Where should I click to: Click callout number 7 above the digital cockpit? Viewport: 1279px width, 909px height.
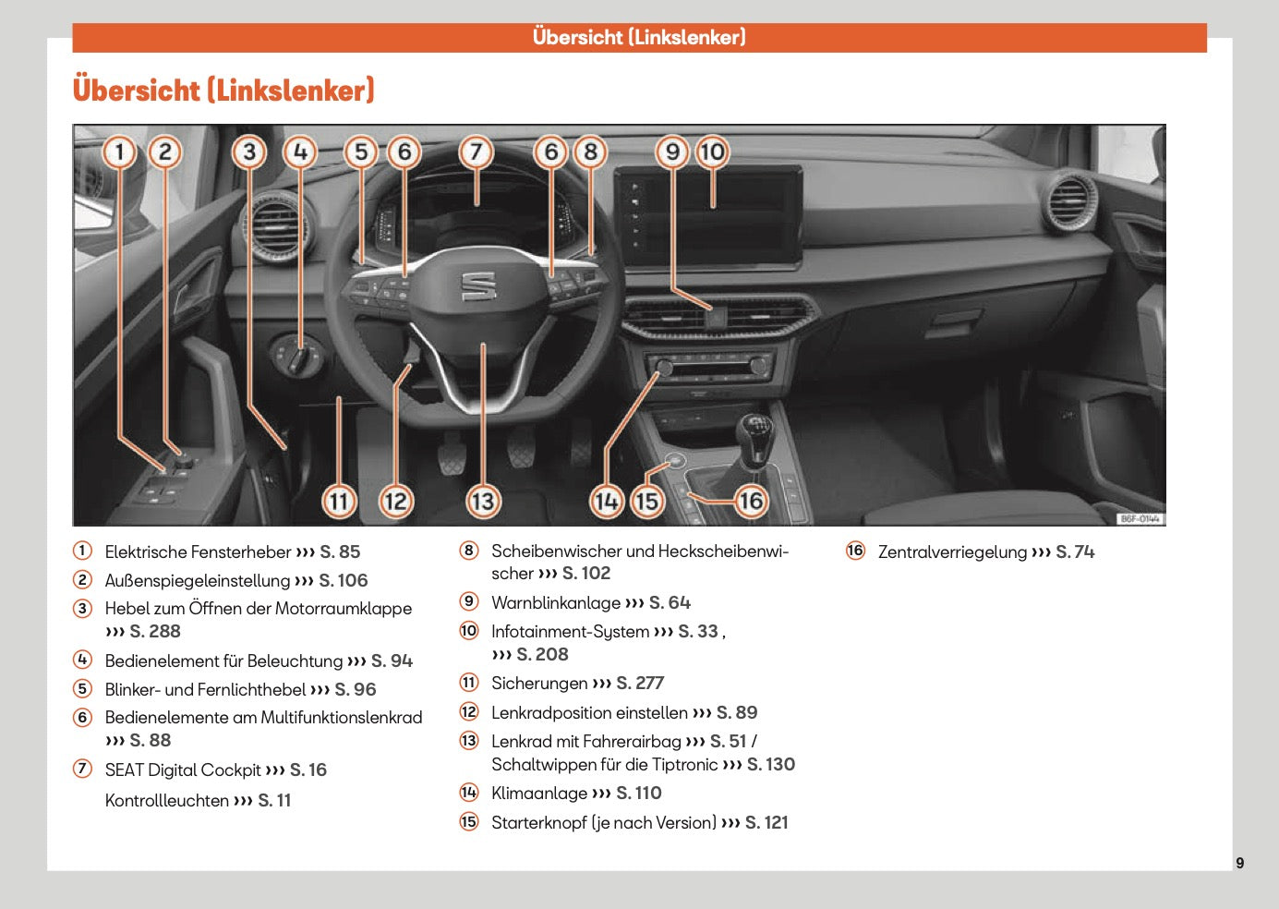pos(476,151)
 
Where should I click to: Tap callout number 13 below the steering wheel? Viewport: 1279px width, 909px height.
pos(483,502)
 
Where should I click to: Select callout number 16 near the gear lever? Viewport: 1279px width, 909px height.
pos(750,501)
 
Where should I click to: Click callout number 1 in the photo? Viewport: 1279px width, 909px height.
pos(119,151)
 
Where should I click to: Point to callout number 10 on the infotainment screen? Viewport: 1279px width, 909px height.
pos(712,151)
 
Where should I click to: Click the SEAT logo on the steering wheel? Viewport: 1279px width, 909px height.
pos(478,285)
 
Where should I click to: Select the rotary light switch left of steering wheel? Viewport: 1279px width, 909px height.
pos(297,354)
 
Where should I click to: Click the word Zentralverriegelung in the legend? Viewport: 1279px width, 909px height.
pos(952,552)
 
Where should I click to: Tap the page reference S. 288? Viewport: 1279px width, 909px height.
pos(154,632)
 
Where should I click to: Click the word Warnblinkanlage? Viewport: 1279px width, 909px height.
pos(555,603)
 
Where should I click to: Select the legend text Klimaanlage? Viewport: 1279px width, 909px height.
pos(539,794)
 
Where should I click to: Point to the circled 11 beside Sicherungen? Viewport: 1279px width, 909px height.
pos(469,683)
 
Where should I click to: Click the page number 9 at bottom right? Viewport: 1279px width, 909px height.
pos(1239,863)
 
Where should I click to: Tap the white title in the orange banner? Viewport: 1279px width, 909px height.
pos(639,38)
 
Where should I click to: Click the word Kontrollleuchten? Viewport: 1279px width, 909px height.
pos(166,801)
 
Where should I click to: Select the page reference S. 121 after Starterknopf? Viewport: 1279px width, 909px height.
pos(766,823)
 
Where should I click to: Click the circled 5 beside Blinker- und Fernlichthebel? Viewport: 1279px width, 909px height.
pos(83,689)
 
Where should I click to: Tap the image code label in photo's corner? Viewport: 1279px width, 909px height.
pos(1140,519)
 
